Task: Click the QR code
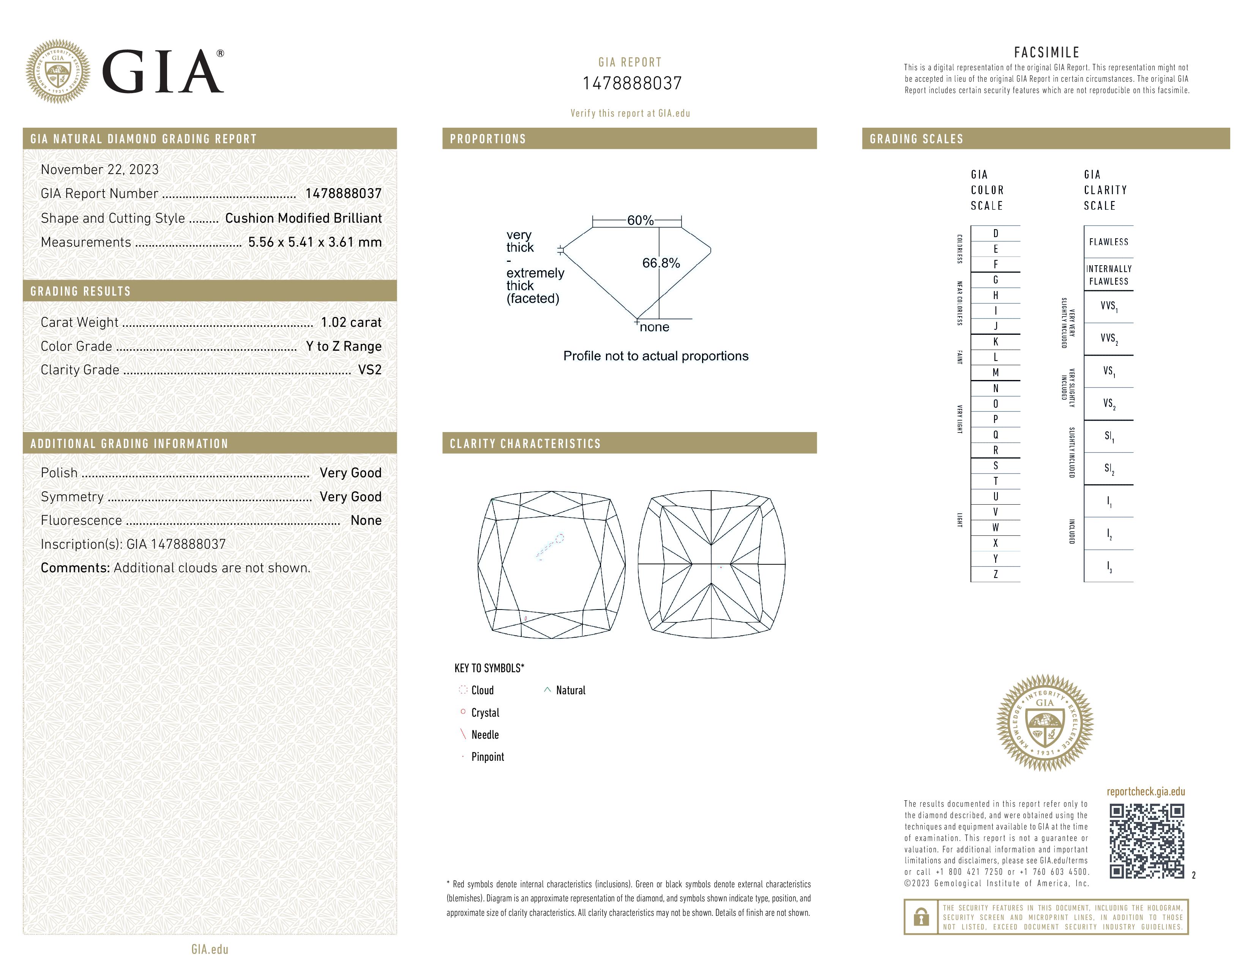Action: [x=1146, y=841]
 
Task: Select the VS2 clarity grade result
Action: [x=369, y=370]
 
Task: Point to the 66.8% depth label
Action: [x=661, y=263]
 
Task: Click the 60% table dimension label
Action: [x=640, y=220]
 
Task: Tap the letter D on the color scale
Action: [x=996, y=234]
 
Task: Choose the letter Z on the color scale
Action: [x=996, y=574]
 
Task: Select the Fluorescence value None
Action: [x=366, y=521]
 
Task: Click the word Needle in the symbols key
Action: [x=485, y=735]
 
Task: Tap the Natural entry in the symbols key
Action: [x=570, y=690]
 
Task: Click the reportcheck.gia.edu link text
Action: [x=1146, y=792]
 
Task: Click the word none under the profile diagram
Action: [x=655, y=327]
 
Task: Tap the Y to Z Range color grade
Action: [x=344, y=347]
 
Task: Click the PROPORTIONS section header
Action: [x=488, y=139]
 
